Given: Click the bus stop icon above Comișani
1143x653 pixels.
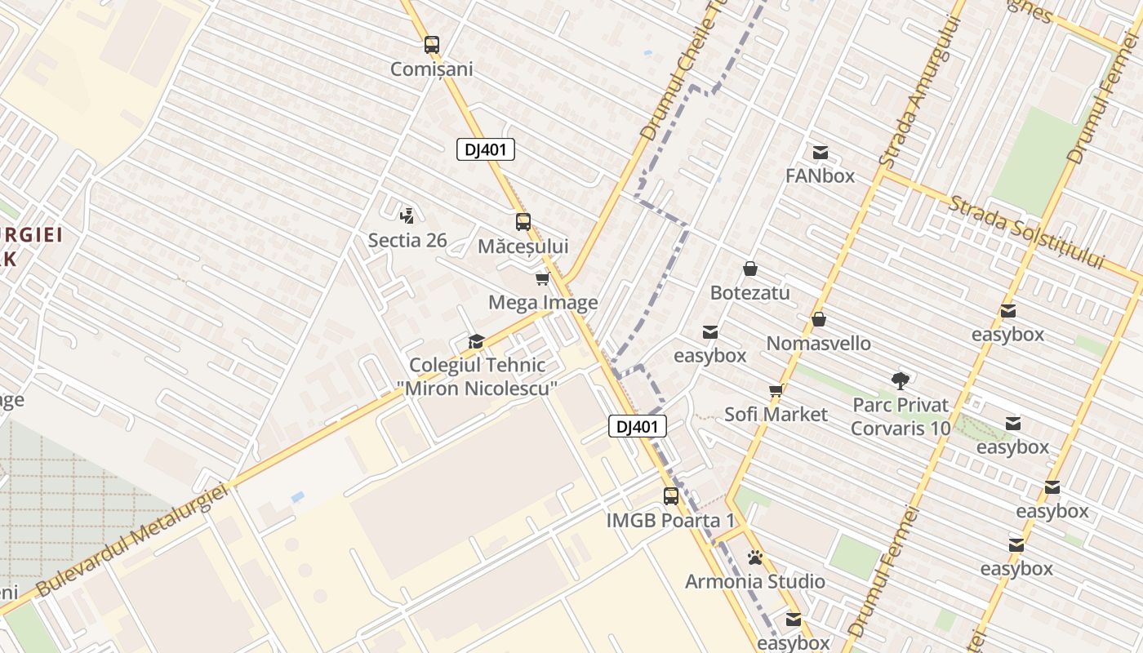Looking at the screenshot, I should coord(431,45).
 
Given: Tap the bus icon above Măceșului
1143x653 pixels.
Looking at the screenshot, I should coord(523,221).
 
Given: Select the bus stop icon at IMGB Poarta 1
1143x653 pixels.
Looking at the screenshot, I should coord(670,495).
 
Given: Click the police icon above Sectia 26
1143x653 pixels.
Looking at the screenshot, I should coord(407,215).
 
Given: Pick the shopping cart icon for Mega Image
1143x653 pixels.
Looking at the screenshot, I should coord(542,279).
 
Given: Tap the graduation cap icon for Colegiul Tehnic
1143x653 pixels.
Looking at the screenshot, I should coord(475,341).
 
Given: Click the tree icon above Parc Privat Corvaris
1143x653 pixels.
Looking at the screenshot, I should coord(901,380).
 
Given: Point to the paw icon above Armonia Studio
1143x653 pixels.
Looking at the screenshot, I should coord(755,557).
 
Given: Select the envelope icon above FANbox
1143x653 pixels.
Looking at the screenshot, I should coord(821,152).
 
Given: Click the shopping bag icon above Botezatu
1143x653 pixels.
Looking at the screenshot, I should coord(749,269).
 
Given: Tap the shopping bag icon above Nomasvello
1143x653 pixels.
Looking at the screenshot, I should coord(818,319).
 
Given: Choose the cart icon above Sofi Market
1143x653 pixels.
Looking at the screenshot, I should coord(776,390).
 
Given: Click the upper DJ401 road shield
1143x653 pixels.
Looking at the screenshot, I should coord(485,149).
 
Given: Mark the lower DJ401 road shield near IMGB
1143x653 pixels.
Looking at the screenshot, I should coord(637,426).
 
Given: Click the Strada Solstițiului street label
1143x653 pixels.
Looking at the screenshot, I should coord(1026,232).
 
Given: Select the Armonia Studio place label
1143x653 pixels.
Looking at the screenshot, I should coord(754,582).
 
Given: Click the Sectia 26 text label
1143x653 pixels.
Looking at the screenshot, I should coord(407,240).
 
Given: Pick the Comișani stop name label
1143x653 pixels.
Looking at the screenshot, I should coord(431,69).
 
